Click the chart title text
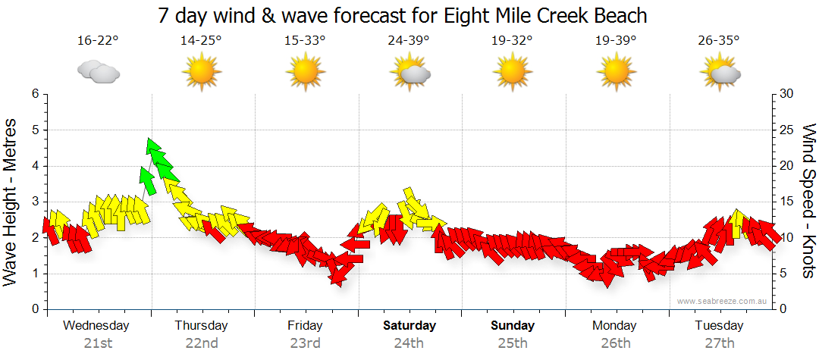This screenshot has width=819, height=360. click(403, 15)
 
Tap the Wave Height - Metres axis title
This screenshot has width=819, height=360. click(11, 201)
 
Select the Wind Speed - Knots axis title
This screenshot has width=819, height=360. click(808, 201)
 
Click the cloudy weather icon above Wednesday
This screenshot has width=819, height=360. click(99, 73)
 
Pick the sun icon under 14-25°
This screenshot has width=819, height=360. click(201, 73)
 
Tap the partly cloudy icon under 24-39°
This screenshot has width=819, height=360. click(410, 73)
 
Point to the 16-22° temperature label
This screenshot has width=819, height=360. click(98, 40)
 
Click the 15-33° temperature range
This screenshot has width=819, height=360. click(305, 40)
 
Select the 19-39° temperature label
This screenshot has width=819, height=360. click(616, 40)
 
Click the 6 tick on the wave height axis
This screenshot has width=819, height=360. click(34, 94)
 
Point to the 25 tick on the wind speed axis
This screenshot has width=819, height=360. click(786, 130)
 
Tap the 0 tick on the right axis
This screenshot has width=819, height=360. click(782, 309)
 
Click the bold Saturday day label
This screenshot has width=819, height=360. click(409, 326)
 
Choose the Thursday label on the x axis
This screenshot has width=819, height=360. click(201, 326)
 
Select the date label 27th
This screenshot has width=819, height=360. click(719, 343)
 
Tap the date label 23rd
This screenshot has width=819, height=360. click(305, 343)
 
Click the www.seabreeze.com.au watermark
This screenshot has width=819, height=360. click(723, 301)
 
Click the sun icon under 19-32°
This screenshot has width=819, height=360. click(512, 73)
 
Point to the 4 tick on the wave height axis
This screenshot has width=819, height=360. click(34, 166)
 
